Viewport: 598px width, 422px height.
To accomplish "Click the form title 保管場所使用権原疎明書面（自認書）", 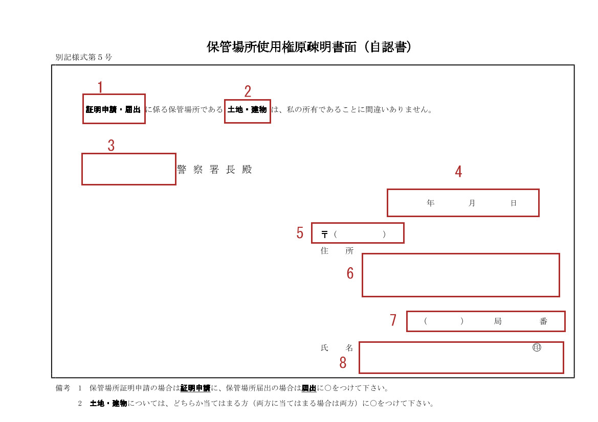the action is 309,47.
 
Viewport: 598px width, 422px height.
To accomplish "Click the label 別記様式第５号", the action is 83,57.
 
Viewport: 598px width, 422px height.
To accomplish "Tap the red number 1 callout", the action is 100,87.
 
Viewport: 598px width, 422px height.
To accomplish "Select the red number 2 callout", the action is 248,91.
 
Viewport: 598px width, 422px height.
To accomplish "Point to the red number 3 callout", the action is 111,145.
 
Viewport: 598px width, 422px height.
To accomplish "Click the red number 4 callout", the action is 458,171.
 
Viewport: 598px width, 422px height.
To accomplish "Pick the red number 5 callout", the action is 300,232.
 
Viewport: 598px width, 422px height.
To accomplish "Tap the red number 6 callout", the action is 350,273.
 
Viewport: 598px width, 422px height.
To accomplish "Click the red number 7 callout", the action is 393,320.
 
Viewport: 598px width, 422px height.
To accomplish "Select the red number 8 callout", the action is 343,363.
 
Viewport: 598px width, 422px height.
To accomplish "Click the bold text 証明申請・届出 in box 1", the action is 113,110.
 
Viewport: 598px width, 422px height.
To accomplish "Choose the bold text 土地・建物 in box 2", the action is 247,110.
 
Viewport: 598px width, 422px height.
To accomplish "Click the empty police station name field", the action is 129,169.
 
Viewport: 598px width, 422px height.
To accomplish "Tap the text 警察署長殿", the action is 214,169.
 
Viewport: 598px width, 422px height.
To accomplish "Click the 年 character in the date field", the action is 431,203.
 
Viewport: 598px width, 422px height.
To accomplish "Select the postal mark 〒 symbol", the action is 324,234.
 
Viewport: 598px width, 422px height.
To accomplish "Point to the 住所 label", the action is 337,251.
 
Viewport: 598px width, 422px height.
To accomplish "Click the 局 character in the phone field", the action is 498,321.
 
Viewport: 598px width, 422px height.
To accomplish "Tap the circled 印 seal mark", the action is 537,347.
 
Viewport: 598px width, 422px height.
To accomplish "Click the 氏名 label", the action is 337,348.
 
